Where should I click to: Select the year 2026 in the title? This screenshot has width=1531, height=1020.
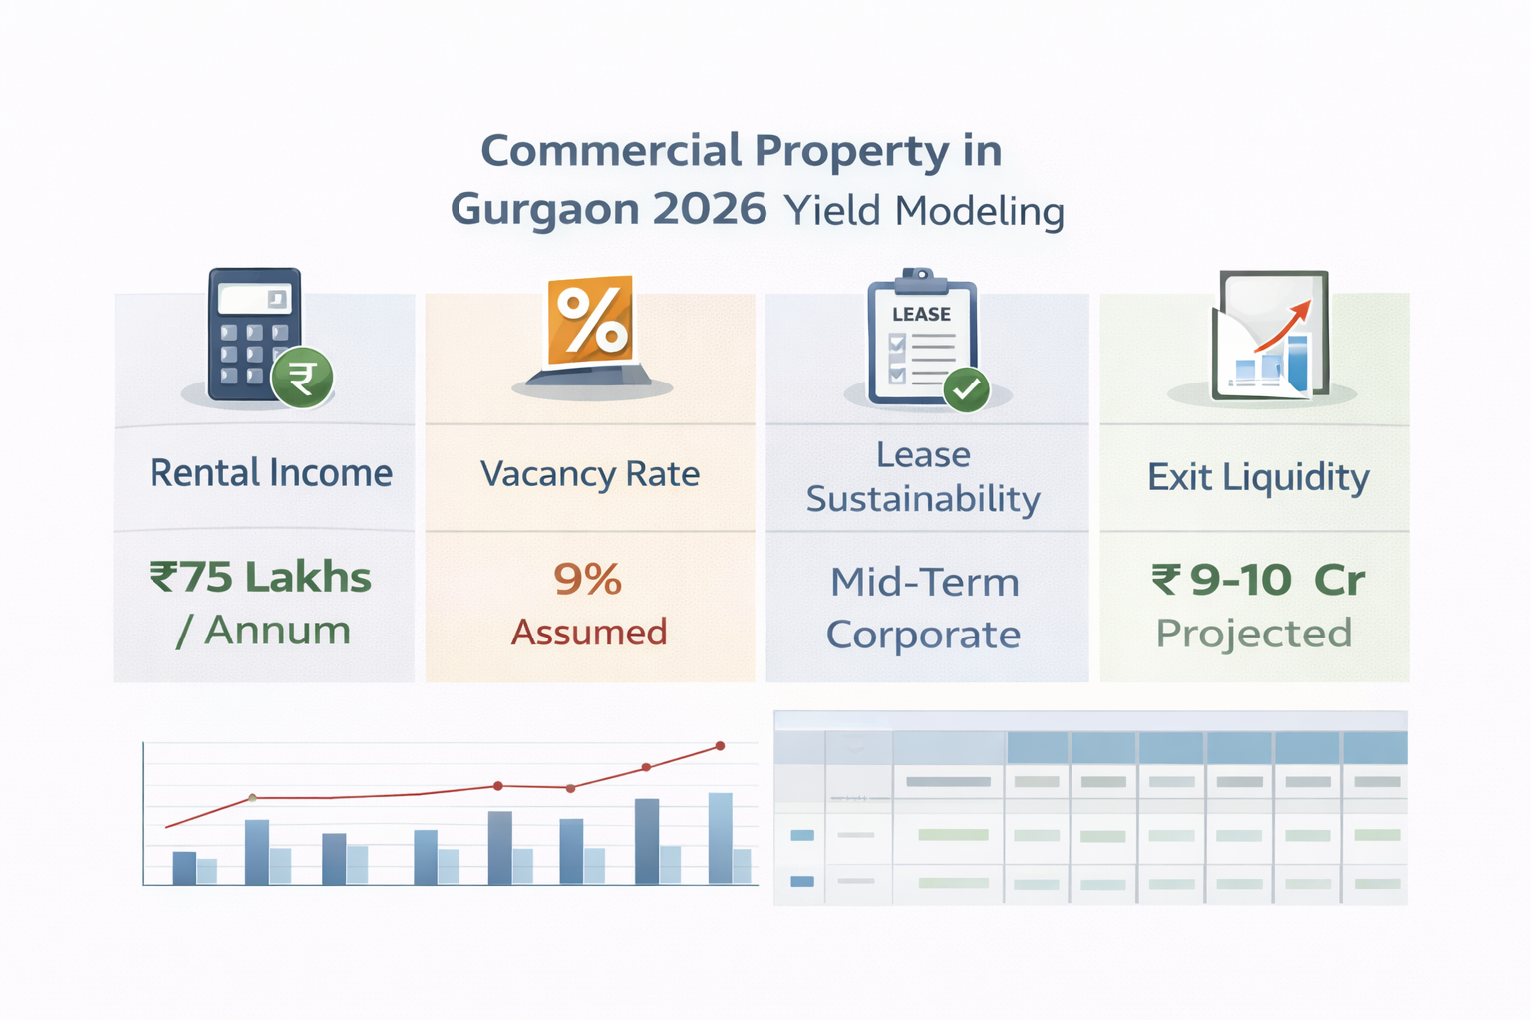point(710,210)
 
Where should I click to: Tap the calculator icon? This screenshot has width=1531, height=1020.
point(255,334)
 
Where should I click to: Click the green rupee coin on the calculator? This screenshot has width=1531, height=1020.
point(302,378)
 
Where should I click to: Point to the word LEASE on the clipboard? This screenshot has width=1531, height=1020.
point(921,314)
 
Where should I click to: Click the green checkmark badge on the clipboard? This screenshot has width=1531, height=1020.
point(966,389)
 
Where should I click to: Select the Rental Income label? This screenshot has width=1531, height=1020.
point(271,473)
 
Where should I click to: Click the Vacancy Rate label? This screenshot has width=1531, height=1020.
point(590,474)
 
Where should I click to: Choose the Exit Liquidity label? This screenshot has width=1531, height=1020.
point(1258,477)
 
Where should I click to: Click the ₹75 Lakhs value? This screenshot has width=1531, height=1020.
point(261,578)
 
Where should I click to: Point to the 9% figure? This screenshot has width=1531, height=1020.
point(588,579)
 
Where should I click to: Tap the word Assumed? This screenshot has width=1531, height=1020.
point(589,633)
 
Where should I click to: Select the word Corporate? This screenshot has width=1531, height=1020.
point(923,635)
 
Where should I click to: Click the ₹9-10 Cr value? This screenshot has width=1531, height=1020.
point(1258,580)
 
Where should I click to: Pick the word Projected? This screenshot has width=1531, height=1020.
point(1254,634)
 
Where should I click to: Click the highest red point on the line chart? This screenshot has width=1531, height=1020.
point(720,745)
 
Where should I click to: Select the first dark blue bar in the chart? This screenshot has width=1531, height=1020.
point(184,867)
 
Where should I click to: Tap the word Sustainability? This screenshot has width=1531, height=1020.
point(923,499)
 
